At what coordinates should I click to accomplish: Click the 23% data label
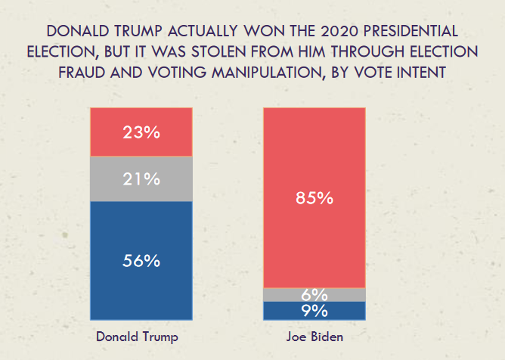(142, 132)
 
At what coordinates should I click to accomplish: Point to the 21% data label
(142, 179)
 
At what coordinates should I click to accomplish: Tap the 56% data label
(142, 261)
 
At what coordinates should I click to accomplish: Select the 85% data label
(314, 199)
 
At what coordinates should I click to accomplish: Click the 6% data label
(314, 295)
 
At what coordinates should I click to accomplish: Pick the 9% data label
(314, 311)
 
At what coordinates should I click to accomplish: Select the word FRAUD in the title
(80, 73)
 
